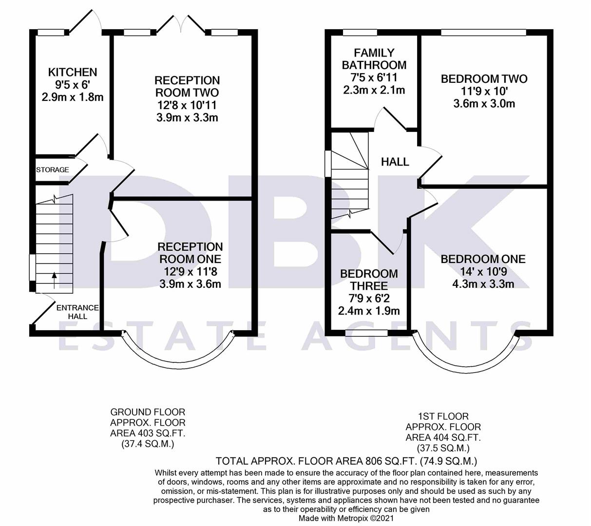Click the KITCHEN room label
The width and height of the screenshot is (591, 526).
tap(73, 72)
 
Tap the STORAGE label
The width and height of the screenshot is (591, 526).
tap(53, 170)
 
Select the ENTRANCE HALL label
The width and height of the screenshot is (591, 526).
tap(77, 312)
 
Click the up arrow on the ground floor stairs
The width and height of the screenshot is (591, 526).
tap(54, 280)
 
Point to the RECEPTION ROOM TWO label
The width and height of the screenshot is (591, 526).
tap(187, 86)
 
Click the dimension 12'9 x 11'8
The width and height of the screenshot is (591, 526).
tap(190, 271)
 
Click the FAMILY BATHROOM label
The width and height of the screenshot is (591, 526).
tap(374, 58)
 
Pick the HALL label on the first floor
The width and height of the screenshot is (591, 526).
tap(395, 162)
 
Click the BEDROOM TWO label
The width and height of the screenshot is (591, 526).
tap(484, 79)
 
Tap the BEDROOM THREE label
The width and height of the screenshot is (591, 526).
tap(369, 280)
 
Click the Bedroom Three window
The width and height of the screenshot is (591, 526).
tap(366, 333)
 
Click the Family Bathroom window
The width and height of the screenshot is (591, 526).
tap(360, 33)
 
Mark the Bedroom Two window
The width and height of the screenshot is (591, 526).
tap(483, 33)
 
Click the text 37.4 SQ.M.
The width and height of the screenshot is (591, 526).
tap(148, 444)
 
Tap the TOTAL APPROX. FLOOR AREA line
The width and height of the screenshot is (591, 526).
tap(346, 461)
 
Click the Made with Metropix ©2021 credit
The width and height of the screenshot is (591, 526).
tap(346, 518)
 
